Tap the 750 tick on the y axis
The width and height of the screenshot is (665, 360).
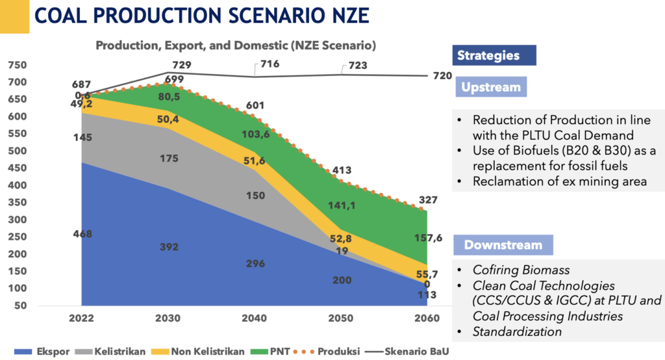[x=18, y=65]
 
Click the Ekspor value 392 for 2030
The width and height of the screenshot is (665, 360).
[x=170, y=247]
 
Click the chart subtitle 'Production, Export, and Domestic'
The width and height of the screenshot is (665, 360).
[x=236, y=46]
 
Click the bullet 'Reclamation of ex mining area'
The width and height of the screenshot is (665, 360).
[x=559, y=181]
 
